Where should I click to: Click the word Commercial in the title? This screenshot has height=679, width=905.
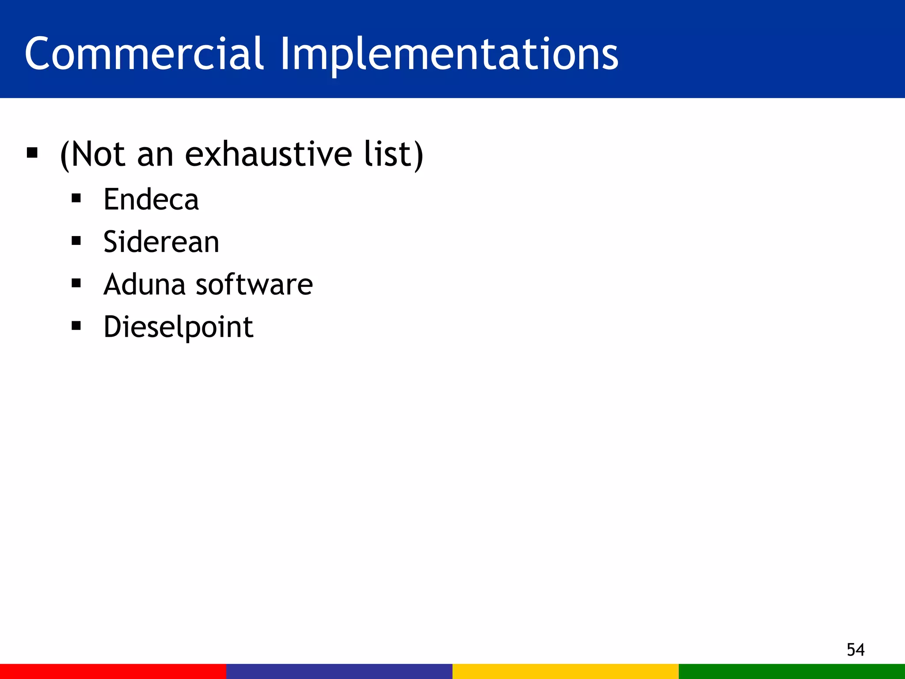144,54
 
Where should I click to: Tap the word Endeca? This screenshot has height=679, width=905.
151,199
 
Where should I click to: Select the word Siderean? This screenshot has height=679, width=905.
161,242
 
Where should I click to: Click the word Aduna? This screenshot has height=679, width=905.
144,284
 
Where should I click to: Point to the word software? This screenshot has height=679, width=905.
254,284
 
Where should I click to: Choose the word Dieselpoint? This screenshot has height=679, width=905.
178,327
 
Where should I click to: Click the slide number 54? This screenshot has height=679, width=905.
855,649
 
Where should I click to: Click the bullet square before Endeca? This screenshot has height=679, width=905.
76,198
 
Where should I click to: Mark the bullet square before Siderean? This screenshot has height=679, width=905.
76,241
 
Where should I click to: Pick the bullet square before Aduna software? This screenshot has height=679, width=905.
76,283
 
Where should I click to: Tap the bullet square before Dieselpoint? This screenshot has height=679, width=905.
76,326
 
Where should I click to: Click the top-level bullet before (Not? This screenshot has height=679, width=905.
32,153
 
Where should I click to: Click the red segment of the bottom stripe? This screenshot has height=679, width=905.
113,671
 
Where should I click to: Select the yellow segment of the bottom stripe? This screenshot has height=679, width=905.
566,671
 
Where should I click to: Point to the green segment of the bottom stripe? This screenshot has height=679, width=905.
792,671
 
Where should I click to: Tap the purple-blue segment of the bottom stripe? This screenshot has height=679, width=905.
339,671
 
